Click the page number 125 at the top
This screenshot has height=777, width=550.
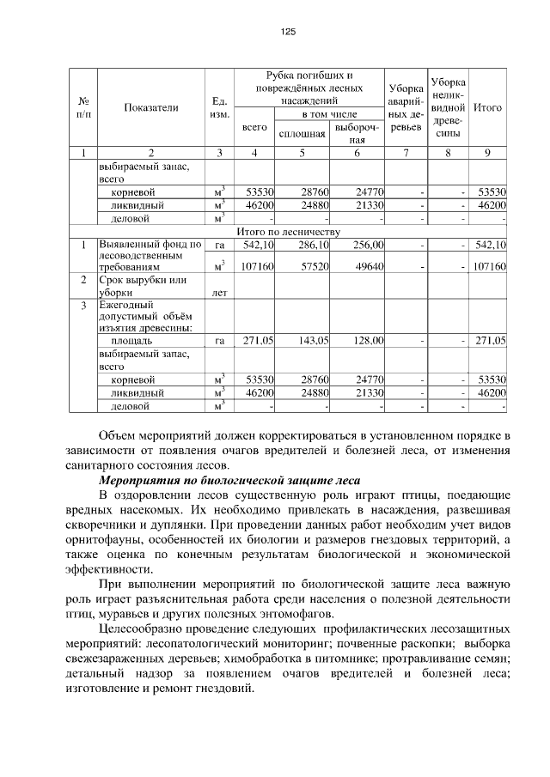(x=288, y=32)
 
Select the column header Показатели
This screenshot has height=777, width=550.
(x=151, y=107)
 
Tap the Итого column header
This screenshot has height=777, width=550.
(x=487, y=107)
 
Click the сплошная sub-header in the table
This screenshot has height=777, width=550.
(x=301, y=134)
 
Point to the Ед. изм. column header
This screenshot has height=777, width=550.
(x=219, y=107)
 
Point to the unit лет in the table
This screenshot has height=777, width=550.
(x=219, y=293)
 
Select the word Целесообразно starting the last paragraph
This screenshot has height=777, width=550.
(x=144, y=628)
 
